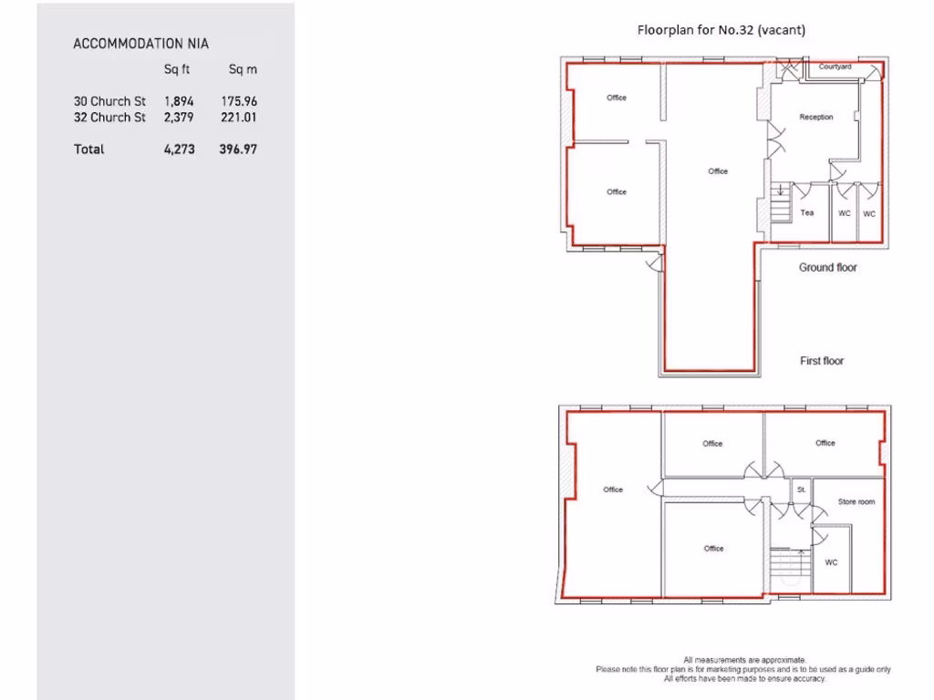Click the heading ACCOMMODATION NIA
(x=141, y=43)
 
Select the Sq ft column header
(x=177, y=69)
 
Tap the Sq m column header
(x=242, y=69)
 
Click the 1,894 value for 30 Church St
(x=179, y=101)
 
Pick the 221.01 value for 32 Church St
(x=239, y=118)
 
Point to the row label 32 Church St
(x=109, y=118)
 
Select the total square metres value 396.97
(x=238, y=149)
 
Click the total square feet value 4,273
(x=179, y=149)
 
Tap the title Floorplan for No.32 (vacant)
(x=721, y=30)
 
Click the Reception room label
(x=816, y=118)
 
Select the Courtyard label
(x=835, y=67)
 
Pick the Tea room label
(x=807, y=213)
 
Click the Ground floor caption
(x=828, y=268)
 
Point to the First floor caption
(x=822, y=361)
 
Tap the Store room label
(x=856, y=502)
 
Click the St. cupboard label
(x=801, y=489)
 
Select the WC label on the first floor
(x=831, y=562)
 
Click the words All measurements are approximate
(x=744, y=660)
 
